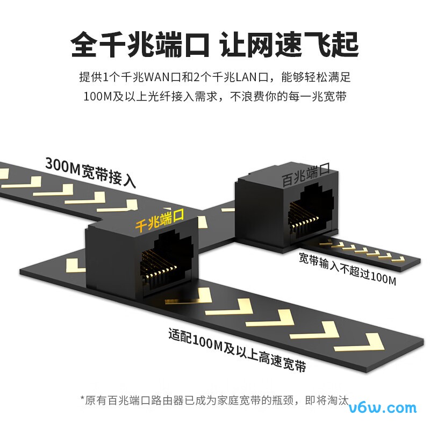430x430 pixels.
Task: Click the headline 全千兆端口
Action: pyautogui.click(x=140, y=45)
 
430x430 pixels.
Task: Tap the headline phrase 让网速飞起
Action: pyautogui.click(x=289, y=45)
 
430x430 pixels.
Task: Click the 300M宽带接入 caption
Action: pyautogui.click(x=90, y=172)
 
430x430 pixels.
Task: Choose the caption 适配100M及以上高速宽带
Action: pyautogui.click(x=237, y=350)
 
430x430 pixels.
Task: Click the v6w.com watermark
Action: pyautogui.click(x=383, y=408)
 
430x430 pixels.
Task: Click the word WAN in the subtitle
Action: pyautogui.click(x=157, y=77)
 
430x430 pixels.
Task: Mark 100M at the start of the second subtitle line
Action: pyautogui.click(x=98, y=97)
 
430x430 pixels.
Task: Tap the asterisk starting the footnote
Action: pyautogui.click(x=82, y=398)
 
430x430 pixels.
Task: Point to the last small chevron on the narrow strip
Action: pyautogui.click(x=398, y=259)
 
